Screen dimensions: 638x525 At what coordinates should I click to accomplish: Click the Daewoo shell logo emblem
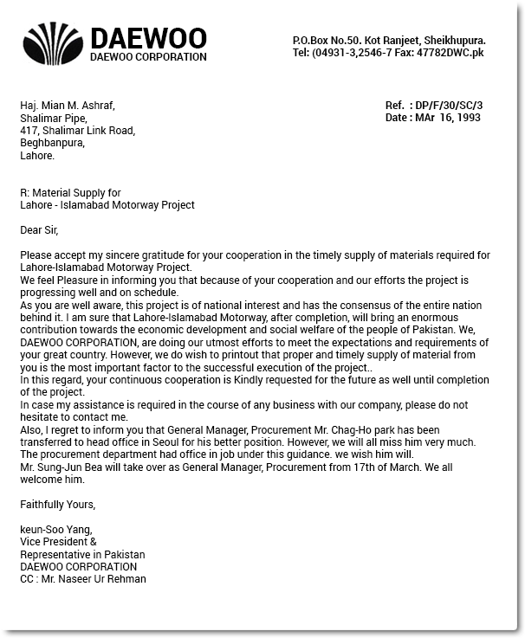click(54, 44)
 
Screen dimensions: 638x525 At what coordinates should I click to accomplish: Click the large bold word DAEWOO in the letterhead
click(148, 38)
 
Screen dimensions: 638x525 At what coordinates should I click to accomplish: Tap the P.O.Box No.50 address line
click(388, 40)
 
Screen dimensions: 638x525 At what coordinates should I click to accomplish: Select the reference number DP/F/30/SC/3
click(450, 106)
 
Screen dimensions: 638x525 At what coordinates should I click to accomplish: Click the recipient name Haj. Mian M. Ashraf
click(67, 106)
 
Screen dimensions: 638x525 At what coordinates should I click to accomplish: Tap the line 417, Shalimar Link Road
click(77, 131)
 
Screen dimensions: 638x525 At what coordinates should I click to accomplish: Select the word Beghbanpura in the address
click(52, 144)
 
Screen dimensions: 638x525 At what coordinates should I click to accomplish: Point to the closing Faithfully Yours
click(57, 505)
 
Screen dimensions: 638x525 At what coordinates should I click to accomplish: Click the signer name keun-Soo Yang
click(55, 530)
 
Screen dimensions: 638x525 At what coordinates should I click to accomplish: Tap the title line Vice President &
click(58, 542)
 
